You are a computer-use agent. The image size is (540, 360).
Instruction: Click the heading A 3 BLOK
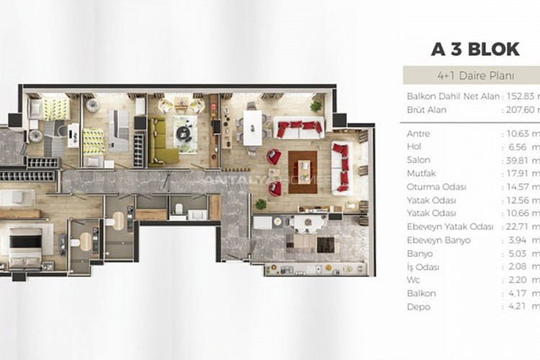click(x=475, y=49)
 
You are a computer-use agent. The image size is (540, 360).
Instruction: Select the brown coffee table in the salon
click(x=302, y=171)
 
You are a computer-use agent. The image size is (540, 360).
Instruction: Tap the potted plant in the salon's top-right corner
click(x=316, y=106)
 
